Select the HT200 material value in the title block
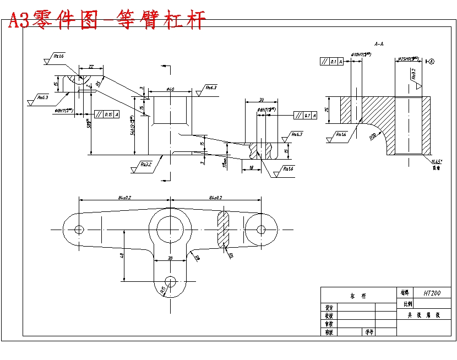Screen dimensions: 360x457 (432, 293)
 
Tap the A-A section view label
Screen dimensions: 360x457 (379, 43)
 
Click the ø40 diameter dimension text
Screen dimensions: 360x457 (170, 89)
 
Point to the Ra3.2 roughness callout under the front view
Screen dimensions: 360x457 (145, 164)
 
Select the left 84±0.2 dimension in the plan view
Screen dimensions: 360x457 (124, 197)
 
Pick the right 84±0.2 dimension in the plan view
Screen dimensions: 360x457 (215, 197)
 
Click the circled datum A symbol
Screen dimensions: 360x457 (431, 62)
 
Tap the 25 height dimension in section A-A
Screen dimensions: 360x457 (328, 110)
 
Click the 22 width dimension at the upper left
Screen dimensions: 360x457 (90, 67)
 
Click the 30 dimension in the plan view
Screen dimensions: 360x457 (170, 258)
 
